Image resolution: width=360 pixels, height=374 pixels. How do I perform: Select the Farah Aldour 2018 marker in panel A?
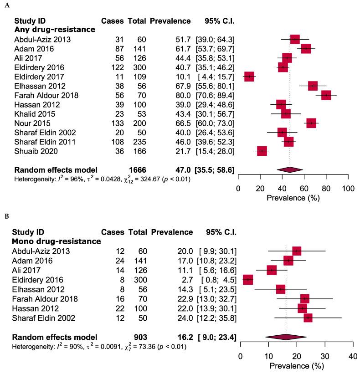pyautogui.click(x=326, y=95)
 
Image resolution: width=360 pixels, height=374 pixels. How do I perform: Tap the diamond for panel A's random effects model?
pyautogui.click(x=290, y=169)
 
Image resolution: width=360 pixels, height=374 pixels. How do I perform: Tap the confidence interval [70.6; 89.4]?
pyautogui.click(x=215, y=95)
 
